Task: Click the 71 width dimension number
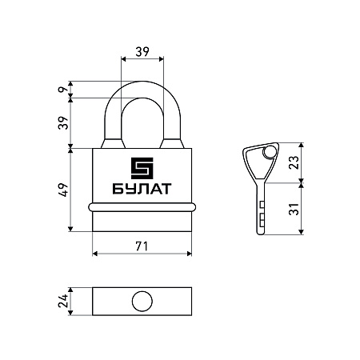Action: (142, 246)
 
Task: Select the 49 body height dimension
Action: (63, 190)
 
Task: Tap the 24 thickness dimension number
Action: (63, 301)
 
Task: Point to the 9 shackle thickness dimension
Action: (62, 90)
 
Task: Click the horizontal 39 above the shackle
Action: (142, 52)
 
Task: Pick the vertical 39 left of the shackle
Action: (63, 123)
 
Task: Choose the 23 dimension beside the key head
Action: (294, 162)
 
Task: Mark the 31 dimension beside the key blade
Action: (294, 209)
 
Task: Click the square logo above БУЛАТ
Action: (142, 168)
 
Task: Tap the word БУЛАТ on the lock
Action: (142, 189)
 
